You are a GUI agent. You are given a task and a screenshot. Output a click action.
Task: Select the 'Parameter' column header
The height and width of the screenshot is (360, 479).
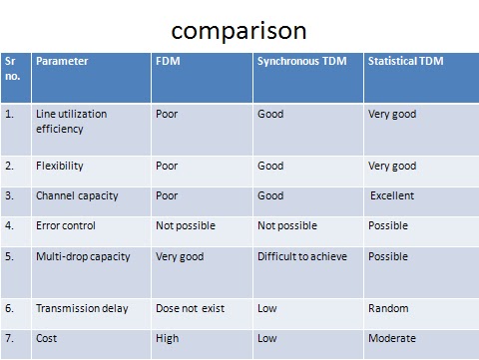[62, 62]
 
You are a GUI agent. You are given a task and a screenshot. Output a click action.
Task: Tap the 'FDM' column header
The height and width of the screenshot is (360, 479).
[168, 62]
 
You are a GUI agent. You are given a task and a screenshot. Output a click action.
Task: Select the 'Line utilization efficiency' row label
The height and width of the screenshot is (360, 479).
[71, 121]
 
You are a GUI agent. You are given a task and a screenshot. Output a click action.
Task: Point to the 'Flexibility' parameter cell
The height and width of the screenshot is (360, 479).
[60, 166]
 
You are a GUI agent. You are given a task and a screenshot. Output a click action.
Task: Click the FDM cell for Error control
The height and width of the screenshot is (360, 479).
[185, 225]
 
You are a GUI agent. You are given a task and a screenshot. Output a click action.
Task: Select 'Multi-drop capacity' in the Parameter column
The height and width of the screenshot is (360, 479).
[83, 256]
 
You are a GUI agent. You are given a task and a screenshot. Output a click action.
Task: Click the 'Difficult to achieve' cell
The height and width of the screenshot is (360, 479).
[302, 256]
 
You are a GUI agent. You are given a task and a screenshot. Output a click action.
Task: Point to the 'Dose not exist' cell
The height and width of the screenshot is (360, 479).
[191, 308]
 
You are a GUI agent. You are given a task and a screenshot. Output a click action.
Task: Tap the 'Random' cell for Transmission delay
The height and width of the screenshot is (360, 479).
[388, 308]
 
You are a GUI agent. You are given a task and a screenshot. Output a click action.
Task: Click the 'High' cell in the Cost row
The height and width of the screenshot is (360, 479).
[168, 338]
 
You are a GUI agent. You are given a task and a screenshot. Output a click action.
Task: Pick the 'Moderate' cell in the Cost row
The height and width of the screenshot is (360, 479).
[393, 338]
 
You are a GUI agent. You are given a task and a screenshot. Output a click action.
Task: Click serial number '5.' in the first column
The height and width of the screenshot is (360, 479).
[10, 256]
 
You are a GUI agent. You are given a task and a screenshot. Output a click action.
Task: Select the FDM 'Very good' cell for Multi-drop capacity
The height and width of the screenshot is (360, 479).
[180, 256]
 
